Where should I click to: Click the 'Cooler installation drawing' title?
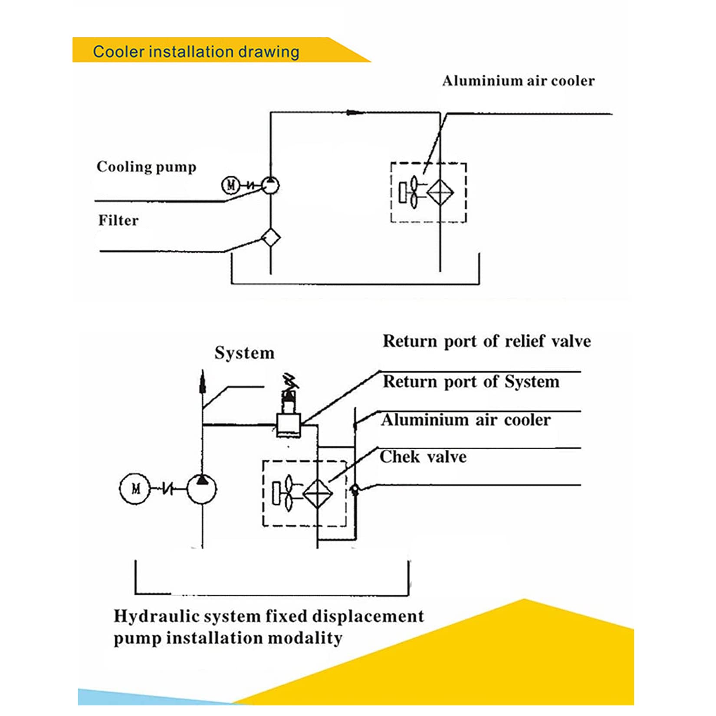pos(196,52)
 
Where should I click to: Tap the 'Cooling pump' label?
pos(146,167)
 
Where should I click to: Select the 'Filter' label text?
pos(118,220)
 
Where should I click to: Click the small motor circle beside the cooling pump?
pos(230,185)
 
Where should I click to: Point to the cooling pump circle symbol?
pos(270,186)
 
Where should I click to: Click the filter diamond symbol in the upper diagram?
pos(271,237)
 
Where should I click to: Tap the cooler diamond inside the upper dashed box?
pos(440,192)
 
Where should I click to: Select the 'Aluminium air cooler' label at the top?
pos(518,81)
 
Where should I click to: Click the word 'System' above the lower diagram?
pos(244,353)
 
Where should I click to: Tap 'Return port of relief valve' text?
pos(486,341)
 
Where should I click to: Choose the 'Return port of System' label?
pos(471,382)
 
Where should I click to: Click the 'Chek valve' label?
pos(423,457)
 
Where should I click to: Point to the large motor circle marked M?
pos(135,489)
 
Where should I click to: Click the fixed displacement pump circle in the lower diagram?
pos(202,489)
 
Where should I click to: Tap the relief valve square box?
pos(289,424)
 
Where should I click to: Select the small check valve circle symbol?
pos(355,489)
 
